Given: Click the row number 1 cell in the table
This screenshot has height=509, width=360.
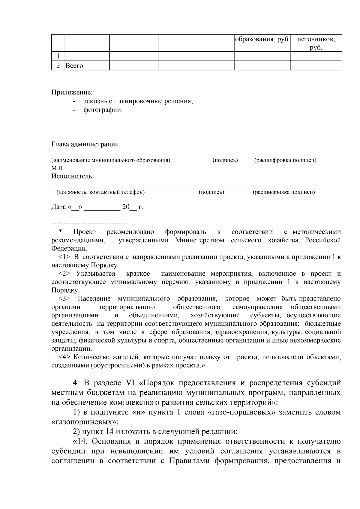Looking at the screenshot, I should pyautogui.click(x=58, y=56).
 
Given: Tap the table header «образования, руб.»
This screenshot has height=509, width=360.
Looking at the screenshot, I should pyautogui.click(x=262, y=39).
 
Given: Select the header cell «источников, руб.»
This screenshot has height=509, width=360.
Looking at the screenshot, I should pyautogui.click(x=316, y=43).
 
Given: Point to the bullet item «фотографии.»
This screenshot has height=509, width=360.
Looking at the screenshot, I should pyautogui.click(x=103, y=110).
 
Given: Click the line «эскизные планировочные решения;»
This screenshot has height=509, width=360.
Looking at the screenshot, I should pyautogui.click(x=138, y=101).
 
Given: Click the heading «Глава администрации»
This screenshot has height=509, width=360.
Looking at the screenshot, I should pyautogui.click(x=85, y=144).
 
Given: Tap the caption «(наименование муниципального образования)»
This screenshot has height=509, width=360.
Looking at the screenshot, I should pyautogui.click(x=111, y=160).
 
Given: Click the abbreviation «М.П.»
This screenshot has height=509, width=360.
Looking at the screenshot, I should pyautogui.click(x=58, y=168).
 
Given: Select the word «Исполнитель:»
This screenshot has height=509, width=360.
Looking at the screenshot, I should pyautogui.click(x=73, y=176).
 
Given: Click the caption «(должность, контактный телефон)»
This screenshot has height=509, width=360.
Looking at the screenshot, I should pyautogui.click(x=100, y=192).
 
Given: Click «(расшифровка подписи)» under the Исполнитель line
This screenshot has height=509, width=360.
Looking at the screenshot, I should pyautogui.click(x=283, y=192).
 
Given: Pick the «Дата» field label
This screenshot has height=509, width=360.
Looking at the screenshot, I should pyautogui.click(x=58, y=207).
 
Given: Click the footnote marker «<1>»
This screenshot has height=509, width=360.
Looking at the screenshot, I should pyautogui.click(x=64, y=257).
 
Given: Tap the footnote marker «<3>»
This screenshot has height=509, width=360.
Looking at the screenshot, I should pyautogui.click(x=64, y=299).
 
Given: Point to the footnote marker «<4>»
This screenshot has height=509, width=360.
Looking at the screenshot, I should pyautogui.click(x=64, y=357).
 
